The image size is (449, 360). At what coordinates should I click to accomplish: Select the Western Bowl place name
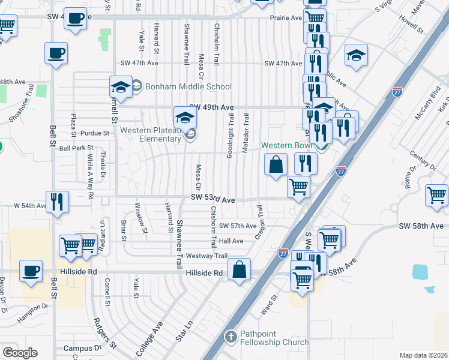pyautogui.click(x=288, y=146)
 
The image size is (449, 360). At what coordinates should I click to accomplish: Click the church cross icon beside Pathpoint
pyautogui.click(x=230, y=337)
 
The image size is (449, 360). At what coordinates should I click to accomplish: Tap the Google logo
pyautogui.click(x=20, y=353)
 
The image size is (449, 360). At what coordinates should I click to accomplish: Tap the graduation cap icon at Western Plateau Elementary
pyautogui.click(x=185, y=116)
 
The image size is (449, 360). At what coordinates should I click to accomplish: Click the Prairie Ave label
pyautogui.click(x=286, y=18)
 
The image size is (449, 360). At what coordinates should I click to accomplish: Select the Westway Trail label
pyautogui.click(x=206, y=256)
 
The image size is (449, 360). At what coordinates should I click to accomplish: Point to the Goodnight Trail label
pyautogui.click(x=230, y=135)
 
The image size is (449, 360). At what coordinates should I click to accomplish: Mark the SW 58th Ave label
pyautogui.click(x=420, y=226)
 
